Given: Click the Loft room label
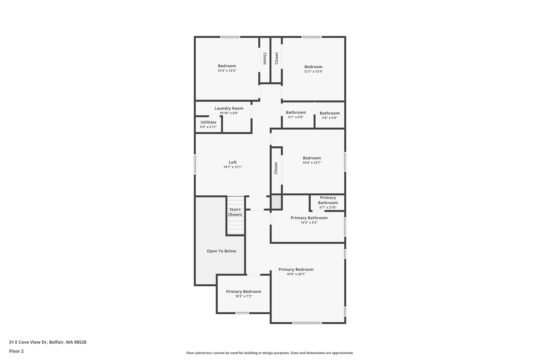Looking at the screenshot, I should [233, 162].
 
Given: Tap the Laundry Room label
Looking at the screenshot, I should [229, 108].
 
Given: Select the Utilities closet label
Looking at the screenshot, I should [208, 122].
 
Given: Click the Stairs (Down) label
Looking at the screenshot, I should [235, 212].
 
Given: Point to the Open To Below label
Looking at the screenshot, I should [221, 251].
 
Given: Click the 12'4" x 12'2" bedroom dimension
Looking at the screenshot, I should [227, 71].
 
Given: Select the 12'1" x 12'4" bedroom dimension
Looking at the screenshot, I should [313, 71].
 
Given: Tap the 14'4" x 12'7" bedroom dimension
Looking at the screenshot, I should [312, 163].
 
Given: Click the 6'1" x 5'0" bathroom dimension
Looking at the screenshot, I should [296, 117].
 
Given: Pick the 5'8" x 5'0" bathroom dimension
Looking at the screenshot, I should [330, 118].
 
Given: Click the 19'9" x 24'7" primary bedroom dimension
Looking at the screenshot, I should [296, 274].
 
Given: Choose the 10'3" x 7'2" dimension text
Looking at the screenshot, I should [243, 296].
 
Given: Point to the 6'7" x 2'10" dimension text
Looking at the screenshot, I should [328, 207].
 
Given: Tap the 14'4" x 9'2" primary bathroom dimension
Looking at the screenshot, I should [309, 223].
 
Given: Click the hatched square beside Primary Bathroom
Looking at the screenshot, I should [276, 202].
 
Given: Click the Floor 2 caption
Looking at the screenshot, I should [16, 351].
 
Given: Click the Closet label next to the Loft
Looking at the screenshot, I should [276, 168].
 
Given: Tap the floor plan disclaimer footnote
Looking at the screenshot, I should [270, 353].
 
